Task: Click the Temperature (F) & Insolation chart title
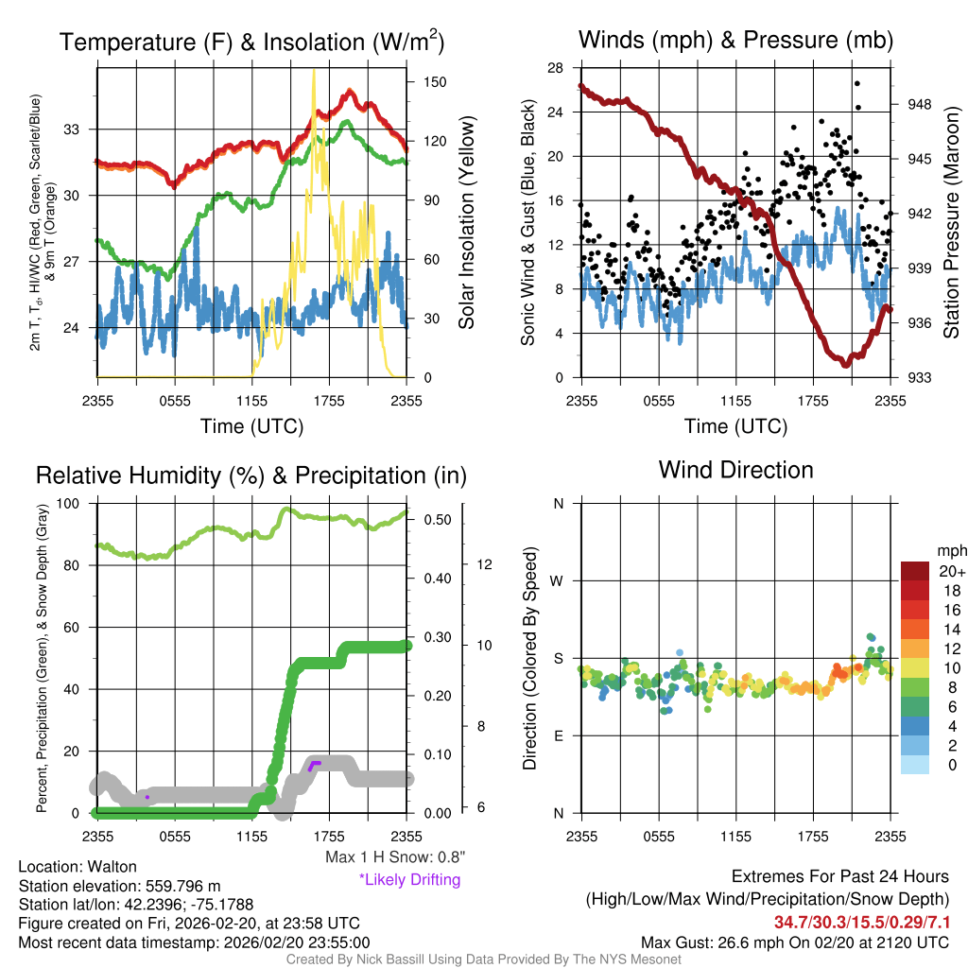pos(251,42)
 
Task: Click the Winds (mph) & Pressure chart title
pos(735,40)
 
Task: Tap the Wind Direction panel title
pos(735,470)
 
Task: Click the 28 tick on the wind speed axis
pos(555,67)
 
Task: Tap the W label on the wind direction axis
pos(558,580)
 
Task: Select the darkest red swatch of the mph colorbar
pos(914,571)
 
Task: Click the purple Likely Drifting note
pos(409,880)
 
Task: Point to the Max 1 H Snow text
pos(395,857)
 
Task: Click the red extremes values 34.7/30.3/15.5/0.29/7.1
pos(862,922)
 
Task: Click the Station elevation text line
pos(119,886)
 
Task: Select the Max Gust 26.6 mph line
pos(795,942)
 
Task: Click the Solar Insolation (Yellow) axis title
pos(466,222)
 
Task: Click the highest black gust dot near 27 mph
pos(857,82)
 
